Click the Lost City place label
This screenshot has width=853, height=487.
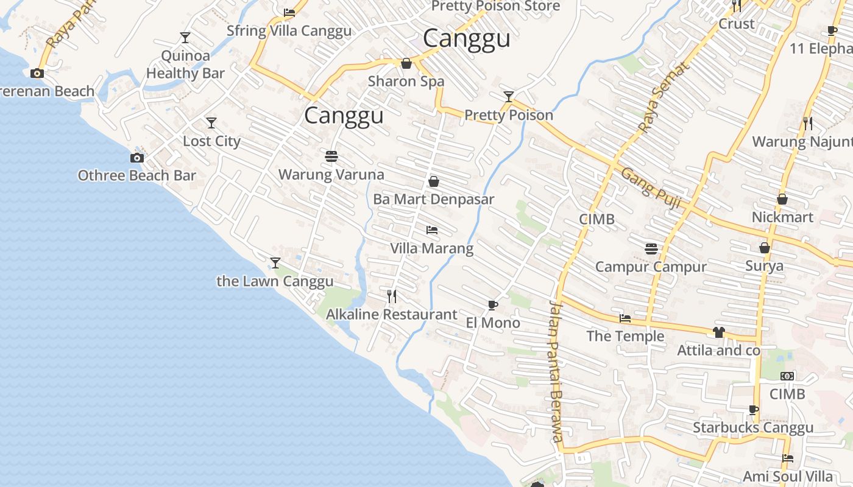point(211,141)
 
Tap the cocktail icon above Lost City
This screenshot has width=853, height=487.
point(211,123)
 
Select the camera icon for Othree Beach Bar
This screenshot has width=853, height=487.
point(137,158)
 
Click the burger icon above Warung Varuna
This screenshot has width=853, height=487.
point(331,156)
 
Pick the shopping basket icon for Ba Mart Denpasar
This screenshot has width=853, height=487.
point(434,181)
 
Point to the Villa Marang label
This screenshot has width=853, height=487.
point(431,248)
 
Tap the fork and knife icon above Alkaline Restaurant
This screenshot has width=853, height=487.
point(392,296)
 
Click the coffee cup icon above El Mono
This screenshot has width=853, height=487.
point(493,305)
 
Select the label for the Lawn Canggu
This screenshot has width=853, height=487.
point(275,281)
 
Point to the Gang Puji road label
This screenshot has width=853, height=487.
point(650,188)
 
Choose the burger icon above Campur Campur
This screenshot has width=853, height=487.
point(651,249)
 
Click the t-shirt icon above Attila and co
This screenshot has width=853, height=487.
point(719,332)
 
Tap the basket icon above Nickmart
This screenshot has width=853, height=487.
point(782,200)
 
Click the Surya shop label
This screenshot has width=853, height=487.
point(764,266)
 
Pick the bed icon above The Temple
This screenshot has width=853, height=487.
point(625,318)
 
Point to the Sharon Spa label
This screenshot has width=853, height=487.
point(406,82)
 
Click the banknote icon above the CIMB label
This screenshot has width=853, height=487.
point(787,376)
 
